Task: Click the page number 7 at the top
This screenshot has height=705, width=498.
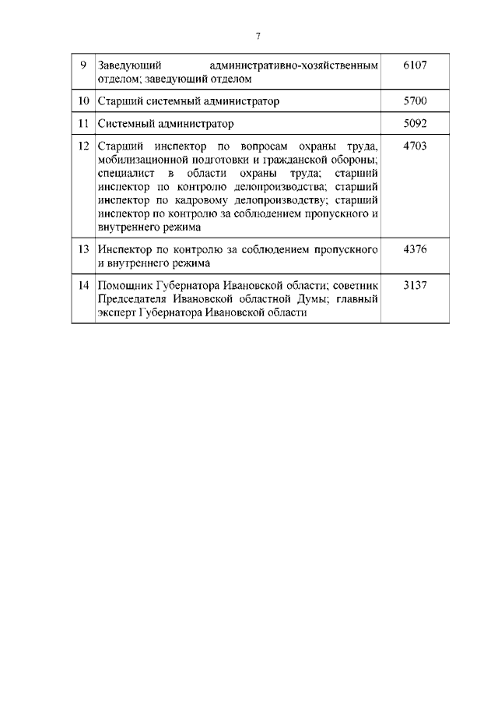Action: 258,36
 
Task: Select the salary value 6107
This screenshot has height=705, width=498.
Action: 416,65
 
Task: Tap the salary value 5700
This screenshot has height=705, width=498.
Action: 416,101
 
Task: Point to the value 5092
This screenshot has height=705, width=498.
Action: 416,123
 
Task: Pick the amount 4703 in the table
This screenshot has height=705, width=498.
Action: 416,145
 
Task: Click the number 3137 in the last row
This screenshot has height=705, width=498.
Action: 416,285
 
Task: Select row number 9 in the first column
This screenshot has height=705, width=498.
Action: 82,65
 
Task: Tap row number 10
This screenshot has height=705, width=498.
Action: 82,101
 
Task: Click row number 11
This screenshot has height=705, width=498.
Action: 82,123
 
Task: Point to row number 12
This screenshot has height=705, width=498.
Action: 82,145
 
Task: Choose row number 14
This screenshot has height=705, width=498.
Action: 82,285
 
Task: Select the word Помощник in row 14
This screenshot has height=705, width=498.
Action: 126,285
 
